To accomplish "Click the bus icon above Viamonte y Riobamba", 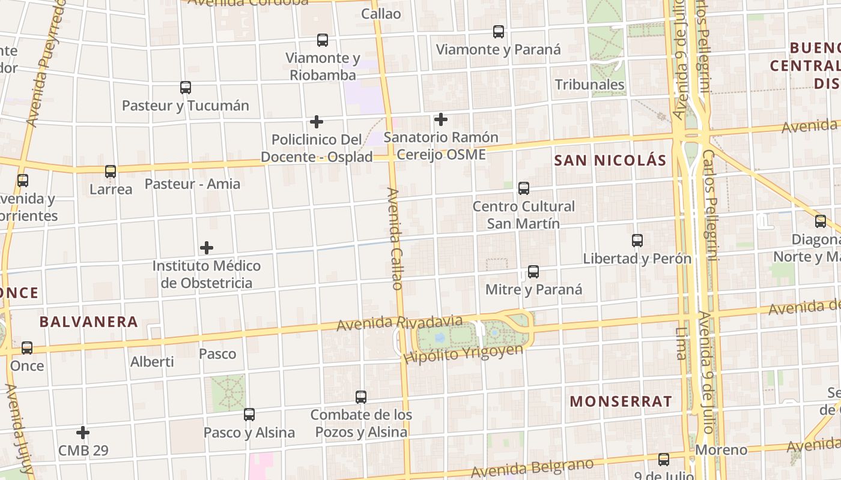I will pyautogui.click(x=323, y=40).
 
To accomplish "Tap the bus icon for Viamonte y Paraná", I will pyautogui.click(x=498, y=32).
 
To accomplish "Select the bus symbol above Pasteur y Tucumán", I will pyautogui.click(x=186, y=88).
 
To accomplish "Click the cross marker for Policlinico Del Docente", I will pyautogui.click(x=317, y=122).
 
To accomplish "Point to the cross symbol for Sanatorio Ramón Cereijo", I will pyautogui.click(x=441, y=119).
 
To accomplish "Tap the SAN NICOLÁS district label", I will pyautogui.click(x=610, y=160).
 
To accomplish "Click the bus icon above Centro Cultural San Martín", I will pyautogui.click(x=524, y=188).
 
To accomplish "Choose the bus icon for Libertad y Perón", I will pyautogui.click(x=637, y=241).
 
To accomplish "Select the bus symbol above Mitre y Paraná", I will pyautogui.click(x=533, y=272).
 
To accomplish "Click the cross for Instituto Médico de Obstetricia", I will pyautogui.click(x=207, y=248).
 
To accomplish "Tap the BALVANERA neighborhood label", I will pyautogui.click(x=89, y=322).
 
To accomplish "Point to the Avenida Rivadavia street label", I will pyautogui.click(x=399, y=324).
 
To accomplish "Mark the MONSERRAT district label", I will pyautogui.click(x=621, y=401).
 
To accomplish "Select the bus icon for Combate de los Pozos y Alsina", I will pyautogui.click(x=361, y=397).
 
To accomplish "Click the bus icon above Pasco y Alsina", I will pyautogui.click(x=249, y=415).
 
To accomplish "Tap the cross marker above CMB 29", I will pyautogui.click(x=83, y=433).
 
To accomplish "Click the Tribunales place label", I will pyautogui.click(x=589, y=85).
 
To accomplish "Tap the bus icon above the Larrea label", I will pyautogui.click(x=111, y=172).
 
